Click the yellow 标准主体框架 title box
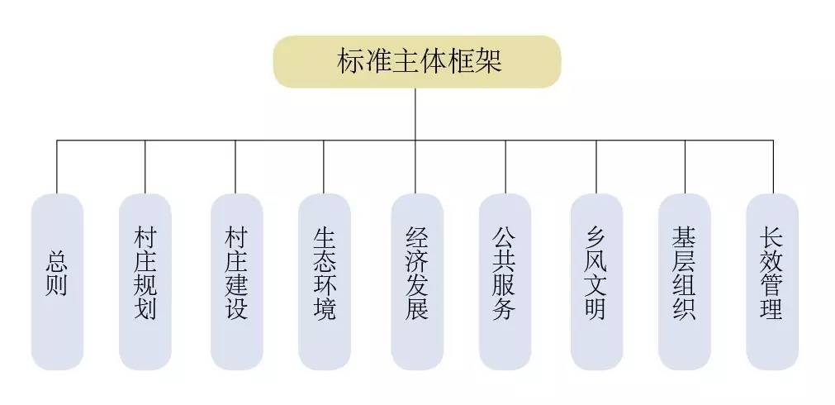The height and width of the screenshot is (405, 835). click(x=417, y=62)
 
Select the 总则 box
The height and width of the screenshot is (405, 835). click(x=57, y=281)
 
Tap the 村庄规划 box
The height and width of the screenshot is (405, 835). click(x=145, y=281)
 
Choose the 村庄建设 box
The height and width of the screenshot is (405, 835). click(x=235, y=281)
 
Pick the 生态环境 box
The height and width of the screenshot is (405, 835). click(x=324, y=281)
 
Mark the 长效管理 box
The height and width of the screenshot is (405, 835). click(x=772, y=281)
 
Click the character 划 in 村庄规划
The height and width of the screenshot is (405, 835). click(x=145, y=312)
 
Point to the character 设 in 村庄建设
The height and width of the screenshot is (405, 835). click(x=235, y=312)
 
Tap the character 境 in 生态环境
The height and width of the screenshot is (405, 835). click(x=324, y=312)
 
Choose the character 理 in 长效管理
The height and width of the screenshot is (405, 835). click(x=772, y=312)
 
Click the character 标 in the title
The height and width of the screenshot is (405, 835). click(x=350, y=62)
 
